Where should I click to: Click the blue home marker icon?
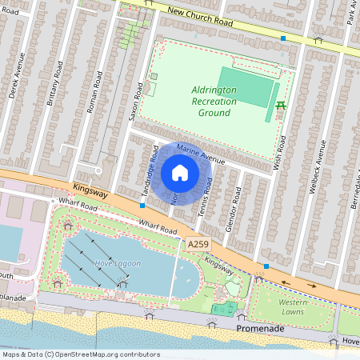(x=180, y=173)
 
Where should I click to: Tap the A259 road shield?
(x=200, y=243)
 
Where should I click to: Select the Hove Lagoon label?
(x=118, y=263)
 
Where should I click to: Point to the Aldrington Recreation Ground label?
(x=214, y=102)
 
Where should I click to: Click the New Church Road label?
(x=200, y=16)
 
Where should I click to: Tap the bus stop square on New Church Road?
(x=282, y=38)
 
